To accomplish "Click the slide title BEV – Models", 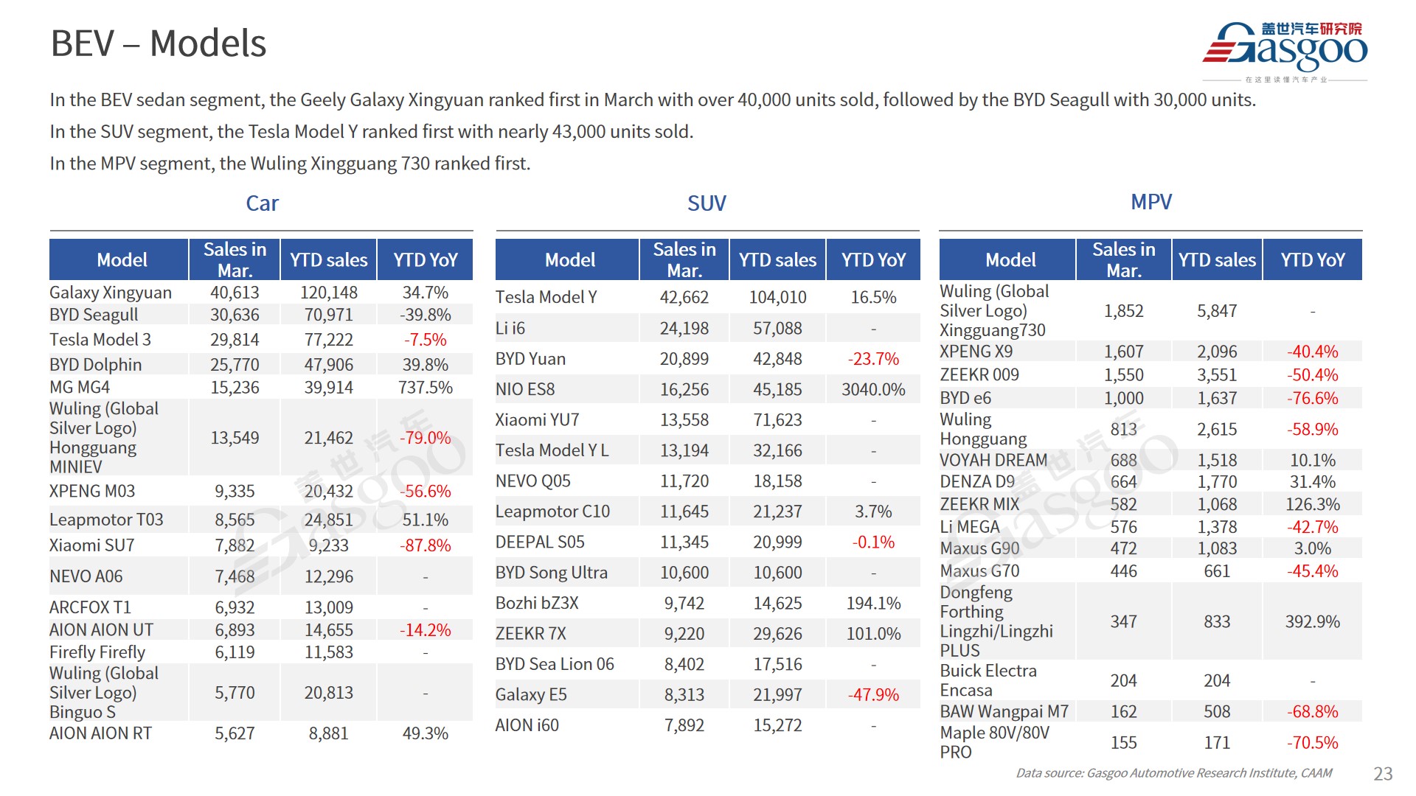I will tap(159, 43).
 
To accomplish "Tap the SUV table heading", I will tap(707, 203).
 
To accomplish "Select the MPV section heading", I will tap(1150, 202).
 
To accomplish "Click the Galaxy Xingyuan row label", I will tap(111, 293).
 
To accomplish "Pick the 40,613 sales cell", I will tap(235, 293).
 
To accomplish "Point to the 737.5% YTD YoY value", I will tap(425, 388).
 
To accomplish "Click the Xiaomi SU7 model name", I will tap(92, 545).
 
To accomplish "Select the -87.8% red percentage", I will tap(425, 545).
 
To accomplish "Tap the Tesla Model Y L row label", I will tap(552, 450).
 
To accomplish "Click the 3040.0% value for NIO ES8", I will tap(873, 389).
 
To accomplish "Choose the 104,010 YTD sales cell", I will tap(777, 297).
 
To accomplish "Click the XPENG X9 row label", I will tap(976, 352).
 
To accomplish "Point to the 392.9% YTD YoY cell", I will tap(1312, 621).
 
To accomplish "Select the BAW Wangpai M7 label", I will tap(1004, 712).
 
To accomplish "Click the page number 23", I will tap(1382, 773).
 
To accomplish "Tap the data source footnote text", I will tap(1173, 773).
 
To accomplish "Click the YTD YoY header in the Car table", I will tap(425, 260).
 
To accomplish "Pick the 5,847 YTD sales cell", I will tap(1217, 311).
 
